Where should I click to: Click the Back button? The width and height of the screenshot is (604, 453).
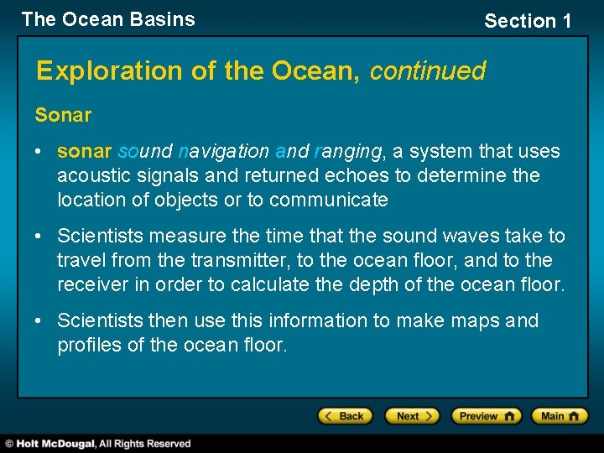click(343, 416)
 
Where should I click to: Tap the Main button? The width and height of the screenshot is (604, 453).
click(560, 416)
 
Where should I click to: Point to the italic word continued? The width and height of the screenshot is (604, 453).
click(428, 71)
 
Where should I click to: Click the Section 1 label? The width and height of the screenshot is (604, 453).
click(528, 21)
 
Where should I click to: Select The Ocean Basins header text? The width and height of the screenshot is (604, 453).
click(108, 19)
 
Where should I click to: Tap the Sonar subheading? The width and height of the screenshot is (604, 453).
click(63, 115)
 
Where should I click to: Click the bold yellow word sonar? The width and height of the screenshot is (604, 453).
click(84, 152)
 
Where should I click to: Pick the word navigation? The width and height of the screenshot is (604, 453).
click(225, 152)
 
